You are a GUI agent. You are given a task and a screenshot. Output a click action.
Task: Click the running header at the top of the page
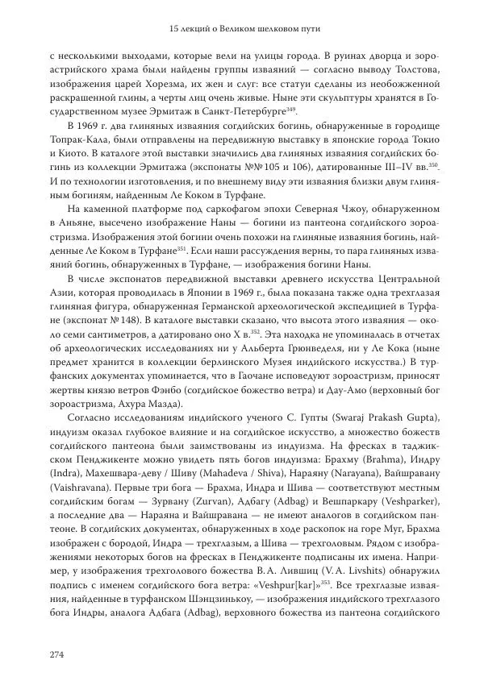[x=242, y=30]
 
